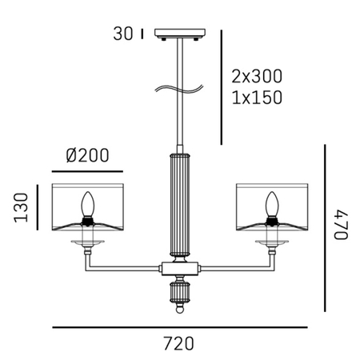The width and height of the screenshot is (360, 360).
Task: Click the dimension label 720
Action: click(178, 343)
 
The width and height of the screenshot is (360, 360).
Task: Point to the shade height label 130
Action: click(20, 209)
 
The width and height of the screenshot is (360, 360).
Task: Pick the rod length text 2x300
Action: click(256, 78)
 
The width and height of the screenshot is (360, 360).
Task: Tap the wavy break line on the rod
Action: click(179, 89)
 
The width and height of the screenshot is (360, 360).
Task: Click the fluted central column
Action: click(179, 204)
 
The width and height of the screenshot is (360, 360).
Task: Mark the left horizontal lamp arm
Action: click(124, 266)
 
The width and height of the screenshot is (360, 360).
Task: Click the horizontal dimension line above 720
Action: click(179, 327)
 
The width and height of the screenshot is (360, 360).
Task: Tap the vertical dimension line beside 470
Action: click(324, 229)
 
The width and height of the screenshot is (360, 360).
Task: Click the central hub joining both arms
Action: click(179, 266)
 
